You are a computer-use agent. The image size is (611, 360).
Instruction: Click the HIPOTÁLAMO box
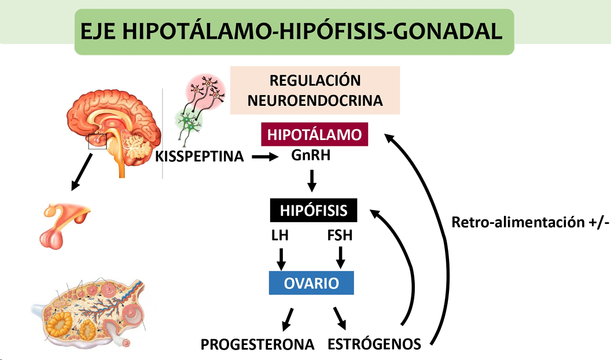314,135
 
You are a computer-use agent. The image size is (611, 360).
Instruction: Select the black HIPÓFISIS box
314,210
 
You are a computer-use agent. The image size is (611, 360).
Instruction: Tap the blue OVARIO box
311,284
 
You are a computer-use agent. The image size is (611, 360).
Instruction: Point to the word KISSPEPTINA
200,156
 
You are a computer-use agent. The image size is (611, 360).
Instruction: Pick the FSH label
340,236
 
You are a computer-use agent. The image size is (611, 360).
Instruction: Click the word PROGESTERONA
257,344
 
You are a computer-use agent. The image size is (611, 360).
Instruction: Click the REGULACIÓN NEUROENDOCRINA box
315,90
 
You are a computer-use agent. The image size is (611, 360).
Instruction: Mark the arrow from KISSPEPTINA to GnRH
265,156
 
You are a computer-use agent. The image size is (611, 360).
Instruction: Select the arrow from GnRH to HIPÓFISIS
312,180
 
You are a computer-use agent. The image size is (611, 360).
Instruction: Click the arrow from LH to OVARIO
281,258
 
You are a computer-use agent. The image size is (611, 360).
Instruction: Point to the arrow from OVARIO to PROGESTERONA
287,318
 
